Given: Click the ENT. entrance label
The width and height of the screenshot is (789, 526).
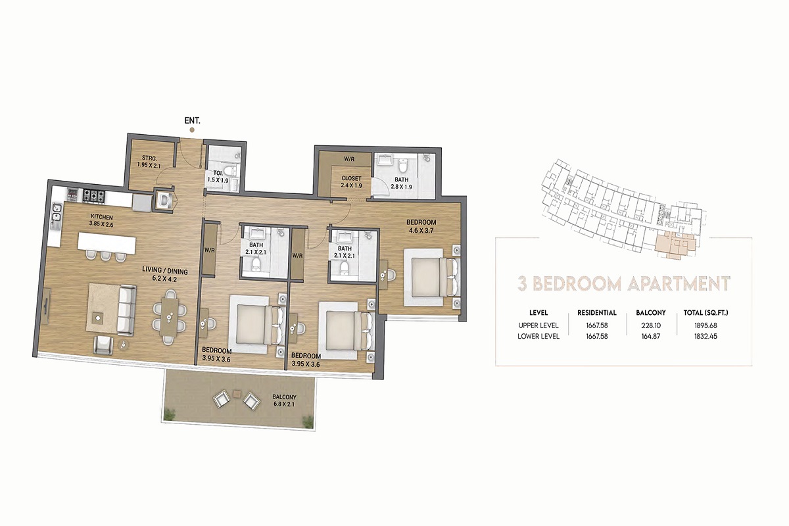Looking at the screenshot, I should pos(192,121).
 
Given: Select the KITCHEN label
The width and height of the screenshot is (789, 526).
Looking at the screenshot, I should pos(102,216).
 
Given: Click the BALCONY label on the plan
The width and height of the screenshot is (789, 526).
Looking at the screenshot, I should pos(285,397).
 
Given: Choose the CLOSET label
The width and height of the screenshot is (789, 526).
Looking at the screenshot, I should pos(352,178).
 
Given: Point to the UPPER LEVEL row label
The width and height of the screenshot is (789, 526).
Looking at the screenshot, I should pos(538,325).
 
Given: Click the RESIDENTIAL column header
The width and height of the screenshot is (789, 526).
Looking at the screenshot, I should pos(596,313).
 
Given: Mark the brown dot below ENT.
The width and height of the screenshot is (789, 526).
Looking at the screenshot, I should pos(192,130).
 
